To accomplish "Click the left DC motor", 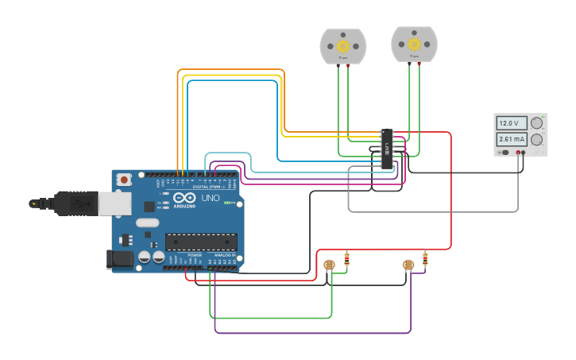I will pos(343,46).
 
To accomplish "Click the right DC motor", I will pos(414,45).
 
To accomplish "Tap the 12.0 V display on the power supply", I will pos(508,123).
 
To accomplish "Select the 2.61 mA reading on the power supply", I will pos(508,139).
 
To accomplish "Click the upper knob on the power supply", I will pos(537,122).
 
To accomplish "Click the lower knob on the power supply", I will pos(537,140).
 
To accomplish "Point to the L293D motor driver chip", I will pos(387,149).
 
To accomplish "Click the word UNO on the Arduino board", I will pos(211,198).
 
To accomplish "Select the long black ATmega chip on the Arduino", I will pos(200,242).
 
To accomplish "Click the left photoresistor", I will pos(330,265).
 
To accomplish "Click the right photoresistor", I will pos(408,265).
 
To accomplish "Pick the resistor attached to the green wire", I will pos(346,258).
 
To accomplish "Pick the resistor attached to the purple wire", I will pos(426,258).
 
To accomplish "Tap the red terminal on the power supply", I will pos(517,152).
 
